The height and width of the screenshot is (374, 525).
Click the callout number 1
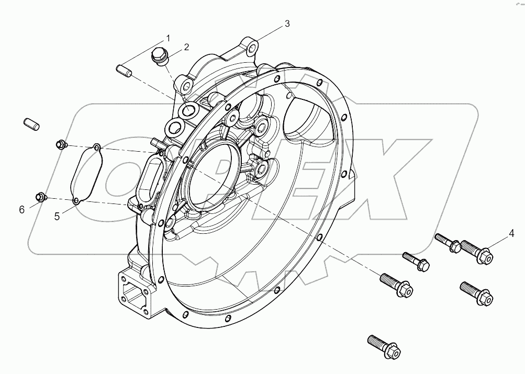168,38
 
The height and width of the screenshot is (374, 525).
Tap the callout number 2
186,48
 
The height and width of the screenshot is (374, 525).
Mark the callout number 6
21,210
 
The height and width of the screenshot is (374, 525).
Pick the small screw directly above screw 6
61,144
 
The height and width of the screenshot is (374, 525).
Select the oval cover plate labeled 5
86,173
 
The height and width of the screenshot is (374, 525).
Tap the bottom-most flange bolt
384,345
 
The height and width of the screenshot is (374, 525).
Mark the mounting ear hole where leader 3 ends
252,48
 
